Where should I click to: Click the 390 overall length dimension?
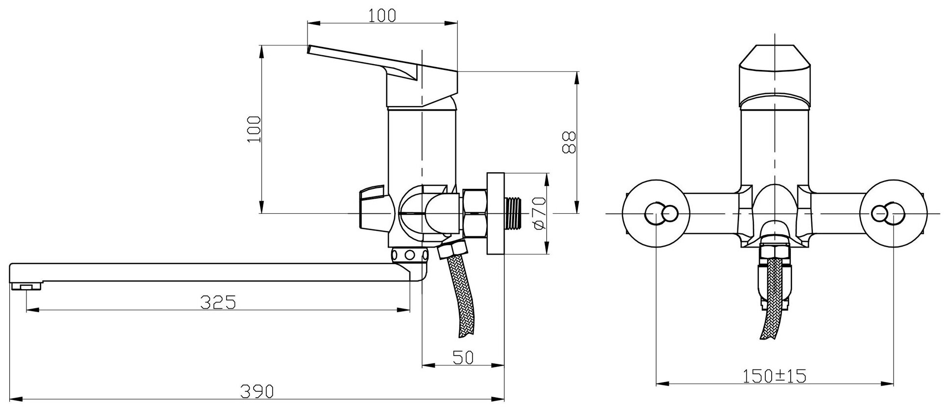point(257,391)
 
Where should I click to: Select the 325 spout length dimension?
point(218,302)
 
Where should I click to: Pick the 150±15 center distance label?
point(775,376)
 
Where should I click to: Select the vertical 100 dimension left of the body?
point(254,129)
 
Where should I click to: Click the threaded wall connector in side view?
point(514,213)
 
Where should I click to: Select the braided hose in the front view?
point(773,303)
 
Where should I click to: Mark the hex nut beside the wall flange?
point(474,214)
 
